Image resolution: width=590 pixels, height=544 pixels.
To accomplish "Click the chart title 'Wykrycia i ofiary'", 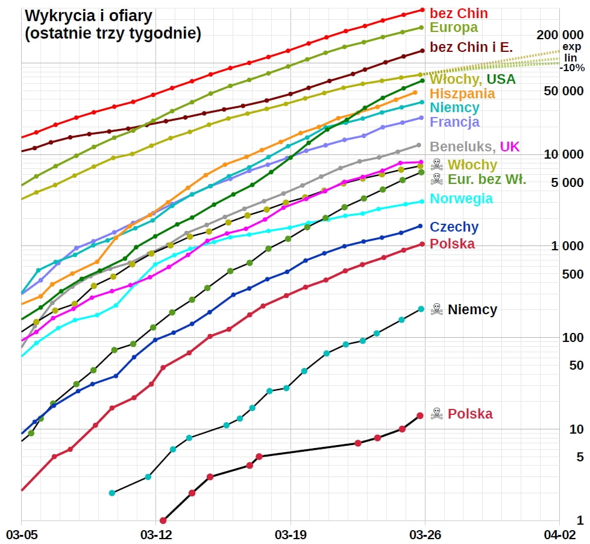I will point(89,16).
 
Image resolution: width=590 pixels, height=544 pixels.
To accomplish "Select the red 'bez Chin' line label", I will point(459,13).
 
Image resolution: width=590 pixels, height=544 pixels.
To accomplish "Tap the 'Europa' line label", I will point(453,28).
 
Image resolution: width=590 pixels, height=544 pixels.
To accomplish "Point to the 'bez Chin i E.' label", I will point(471,46).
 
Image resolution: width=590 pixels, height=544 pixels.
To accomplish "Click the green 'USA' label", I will point(501,80).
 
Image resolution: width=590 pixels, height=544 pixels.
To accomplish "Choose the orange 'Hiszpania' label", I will point(462,94).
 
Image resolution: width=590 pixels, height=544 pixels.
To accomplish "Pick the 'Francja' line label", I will point(454,122).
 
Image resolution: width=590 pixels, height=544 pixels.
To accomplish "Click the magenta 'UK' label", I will point(509,147).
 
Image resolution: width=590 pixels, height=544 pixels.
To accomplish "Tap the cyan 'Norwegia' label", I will point(461,199).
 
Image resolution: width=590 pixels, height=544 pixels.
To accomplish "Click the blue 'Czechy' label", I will point(454,227).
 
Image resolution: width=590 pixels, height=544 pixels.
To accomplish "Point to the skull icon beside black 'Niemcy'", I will point(437,310).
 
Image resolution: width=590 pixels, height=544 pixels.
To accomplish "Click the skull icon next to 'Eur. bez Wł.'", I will point(437,179).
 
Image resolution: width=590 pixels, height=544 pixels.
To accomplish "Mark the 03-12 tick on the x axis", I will point(156,534).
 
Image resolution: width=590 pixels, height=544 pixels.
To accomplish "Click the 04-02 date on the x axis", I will point(559,534).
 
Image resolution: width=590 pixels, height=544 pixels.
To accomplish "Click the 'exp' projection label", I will point(570,47).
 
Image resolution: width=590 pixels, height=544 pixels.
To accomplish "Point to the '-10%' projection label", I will point(571,68).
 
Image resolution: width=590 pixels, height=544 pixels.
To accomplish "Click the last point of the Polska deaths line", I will point(420,416).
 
